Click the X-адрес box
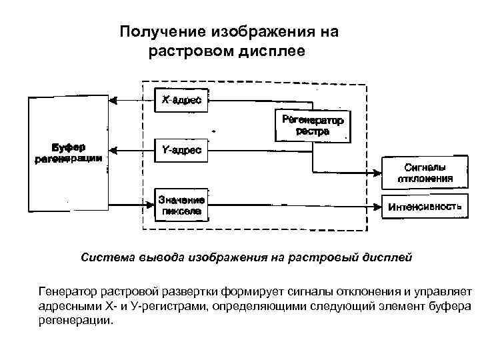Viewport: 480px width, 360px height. pos(181,101)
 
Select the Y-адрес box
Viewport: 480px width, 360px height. pos(181,151)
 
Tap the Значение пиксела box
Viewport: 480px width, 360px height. pos(181,206)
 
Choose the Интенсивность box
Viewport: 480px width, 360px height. pos(424,207)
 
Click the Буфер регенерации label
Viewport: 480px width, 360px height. pos(67,153)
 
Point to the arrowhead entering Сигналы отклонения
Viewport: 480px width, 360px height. pos(379,173)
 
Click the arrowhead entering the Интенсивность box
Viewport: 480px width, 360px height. pos(379,206)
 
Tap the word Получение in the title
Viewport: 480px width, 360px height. pos(163,31)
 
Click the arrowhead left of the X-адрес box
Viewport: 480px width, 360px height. pos(115,101)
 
